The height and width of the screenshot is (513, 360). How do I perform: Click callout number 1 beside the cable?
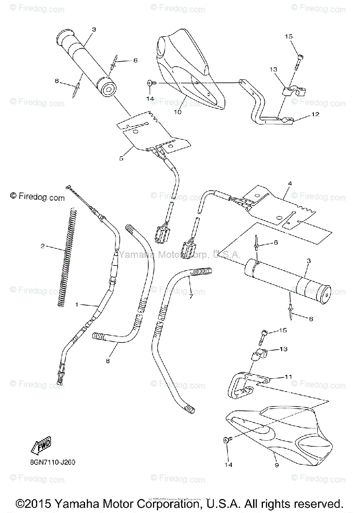point(77,304)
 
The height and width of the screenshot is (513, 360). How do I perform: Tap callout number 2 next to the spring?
point(43,246)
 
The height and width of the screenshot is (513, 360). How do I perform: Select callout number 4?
point(289,184)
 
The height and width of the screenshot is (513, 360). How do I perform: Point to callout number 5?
point(121,158)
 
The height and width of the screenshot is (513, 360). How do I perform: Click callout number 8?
point(108,361)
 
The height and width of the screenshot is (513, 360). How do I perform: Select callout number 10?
point(177,112)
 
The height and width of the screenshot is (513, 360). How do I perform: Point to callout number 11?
point(288,377)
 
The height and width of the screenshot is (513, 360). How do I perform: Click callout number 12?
point(315,115)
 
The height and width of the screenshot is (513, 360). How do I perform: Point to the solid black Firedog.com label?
point(37,197)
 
